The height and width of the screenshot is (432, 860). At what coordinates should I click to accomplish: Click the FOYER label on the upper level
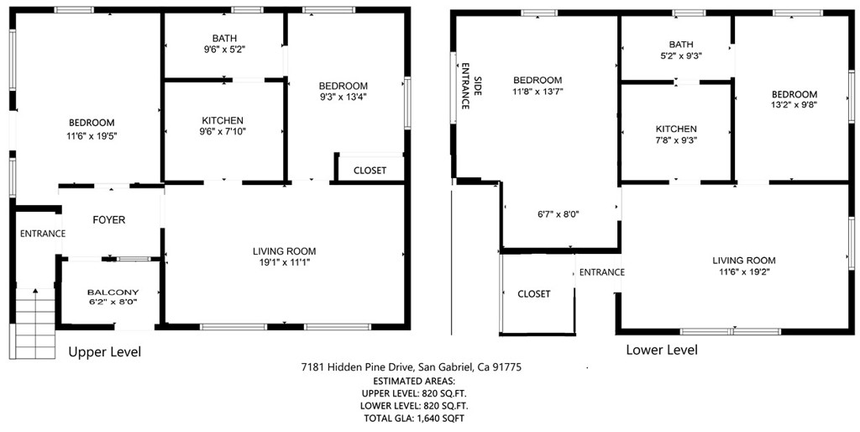[x=108, y=220]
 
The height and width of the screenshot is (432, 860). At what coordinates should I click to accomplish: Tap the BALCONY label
[x=113, y=292]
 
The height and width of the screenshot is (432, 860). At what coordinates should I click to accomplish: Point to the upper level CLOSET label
[x=370, y=171]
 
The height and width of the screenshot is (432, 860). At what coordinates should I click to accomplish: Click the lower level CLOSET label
[x=534, y=294]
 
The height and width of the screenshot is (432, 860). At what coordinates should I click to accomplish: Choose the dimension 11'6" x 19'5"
[x=91, y=136]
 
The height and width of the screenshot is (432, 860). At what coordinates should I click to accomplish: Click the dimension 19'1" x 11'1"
[x=284, y=262]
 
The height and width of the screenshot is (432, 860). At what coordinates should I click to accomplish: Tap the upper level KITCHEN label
[x=223, y=120]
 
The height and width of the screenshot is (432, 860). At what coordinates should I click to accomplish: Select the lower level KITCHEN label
[x=676, y=129]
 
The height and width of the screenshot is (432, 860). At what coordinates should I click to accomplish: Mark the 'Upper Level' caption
[x=104, y=351]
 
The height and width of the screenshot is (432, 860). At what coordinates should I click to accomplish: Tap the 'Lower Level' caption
[x=661, y=350]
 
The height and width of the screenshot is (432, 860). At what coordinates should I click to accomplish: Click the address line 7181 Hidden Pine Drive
[x=412, y=367]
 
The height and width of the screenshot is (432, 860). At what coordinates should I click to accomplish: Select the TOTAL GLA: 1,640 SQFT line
[x=412, y=418]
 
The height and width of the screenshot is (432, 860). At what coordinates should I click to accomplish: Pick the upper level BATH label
[x=224, y=38]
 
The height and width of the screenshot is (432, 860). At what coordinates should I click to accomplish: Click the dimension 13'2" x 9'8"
[x=794, y=105]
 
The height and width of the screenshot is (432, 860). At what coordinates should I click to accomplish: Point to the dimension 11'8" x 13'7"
[x=537, y=92]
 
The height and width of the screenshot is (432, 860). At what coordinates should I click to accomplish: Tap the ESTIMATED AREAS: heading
[x=412, y=380]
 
